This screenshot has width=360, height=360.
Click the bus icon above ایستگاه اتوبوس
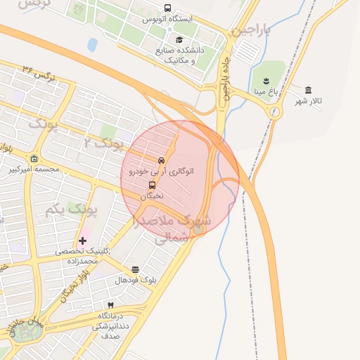click(167, 8)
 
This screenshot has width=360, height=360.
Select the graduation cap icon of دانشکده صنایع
click(179, 40)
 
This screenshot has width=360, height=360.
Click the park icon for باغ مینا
click(266, 79)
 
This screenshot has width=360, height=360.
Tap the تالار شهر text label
click(309, 101)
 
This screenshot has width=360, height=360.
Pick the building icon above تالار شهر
click(309, 89)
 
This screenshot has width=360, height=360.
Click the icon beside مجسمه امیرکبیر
click(34, 158)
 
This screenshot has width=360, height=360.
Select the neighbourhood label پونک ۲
click(103, 143)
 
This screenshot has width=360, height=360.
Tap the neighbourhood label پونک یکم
click(70, 209)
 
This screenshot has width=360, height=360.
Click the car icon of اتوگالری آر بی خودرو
click(162, 160)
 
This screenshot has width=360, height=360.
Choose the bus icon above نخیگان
click(152, 185)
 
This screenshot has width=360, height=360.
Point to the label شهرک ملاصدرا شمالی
click(166, 229)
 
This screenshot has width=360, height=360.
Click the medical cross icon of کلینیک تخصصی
click(82, 240)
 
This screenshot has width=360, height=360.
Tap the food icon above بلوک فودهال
click(135, 269)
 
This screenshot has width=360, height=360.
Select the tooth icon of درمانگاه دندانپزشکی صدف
click(110, 304)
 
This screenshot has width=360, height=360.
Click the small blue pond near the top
click(92, 44)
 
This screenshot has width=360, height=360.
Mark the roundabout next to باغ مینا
click(275, 112)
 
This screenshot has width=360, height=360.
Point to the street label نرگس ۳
click(38, 71)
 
